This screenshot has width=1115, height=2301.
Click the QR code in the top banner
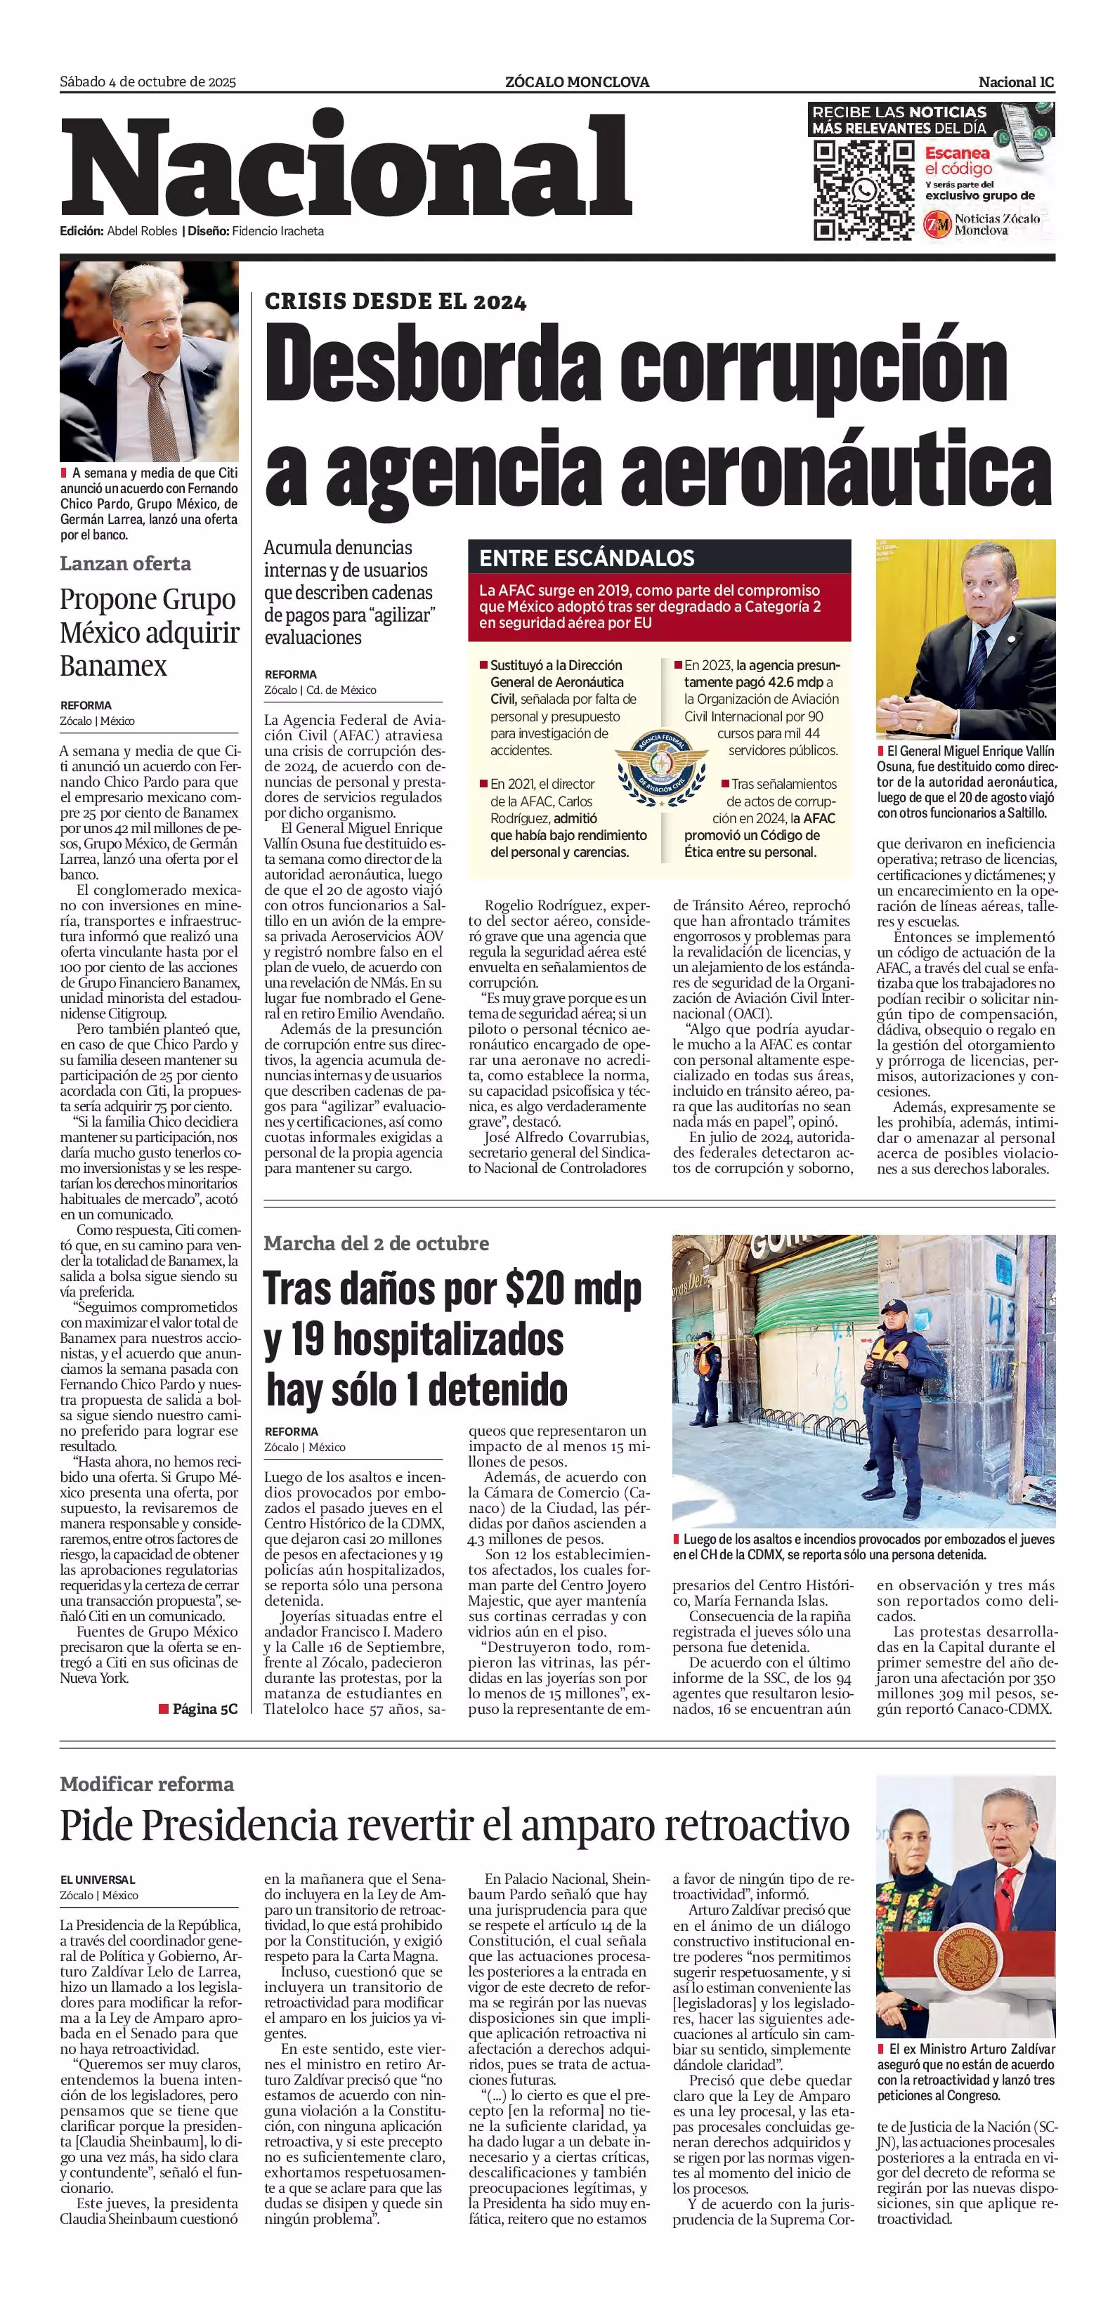[x=863, y=190]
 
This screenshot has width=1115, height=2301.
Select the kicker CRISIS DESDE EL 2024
[x=395, y=302]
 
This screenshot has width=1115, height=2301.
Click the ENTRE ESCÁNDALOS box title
[x=586, y=558]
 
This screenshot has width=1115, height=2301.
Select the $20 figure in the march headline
[x=535, y=1288]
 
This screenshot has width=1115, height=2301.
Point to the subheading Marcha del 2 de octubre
[x=376, y=1243]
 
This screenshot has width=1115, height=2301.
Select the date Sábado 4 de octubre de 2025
[x=148, y=82]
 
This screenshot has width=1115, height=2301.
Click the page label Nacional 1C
[x=1016, y=82]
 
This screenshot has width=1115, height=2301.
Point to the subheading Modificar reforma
[x=147, y=1784]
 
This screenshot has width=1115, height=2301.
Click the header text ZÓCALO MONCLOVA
[x=577, y=82]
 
